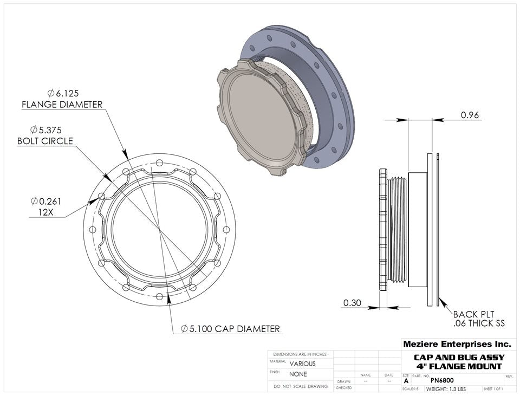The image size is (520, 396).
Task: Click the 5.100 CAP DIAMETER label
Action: pyautogui.click(x=231, y=328)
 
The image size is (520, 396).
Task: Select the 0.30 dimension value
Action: pyautogui.click(x=352, y=303)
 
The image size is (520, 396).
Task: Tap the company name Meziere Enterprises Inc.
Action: pyautogui.click(x=457, y=344)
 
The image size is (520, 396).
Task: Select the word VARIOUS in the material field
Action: pyautogui.click(x=302, y=364)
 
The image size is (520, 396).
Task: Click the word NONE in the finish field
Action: pyautogui.click(x=298, y=374)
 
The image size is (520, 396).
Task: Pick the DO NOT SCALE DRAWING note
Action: pyautogui.click(x=301, y=387)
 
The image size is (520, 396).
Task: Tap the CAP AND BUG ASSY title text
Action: pyautogui.click(x=459, y=358)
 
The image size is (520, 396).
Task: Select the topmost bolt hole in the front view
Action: pyautogui.click(x=159, y=164)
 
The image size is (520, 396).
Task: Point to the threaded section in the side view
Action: pyautogui.click(x=399, y=230)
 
